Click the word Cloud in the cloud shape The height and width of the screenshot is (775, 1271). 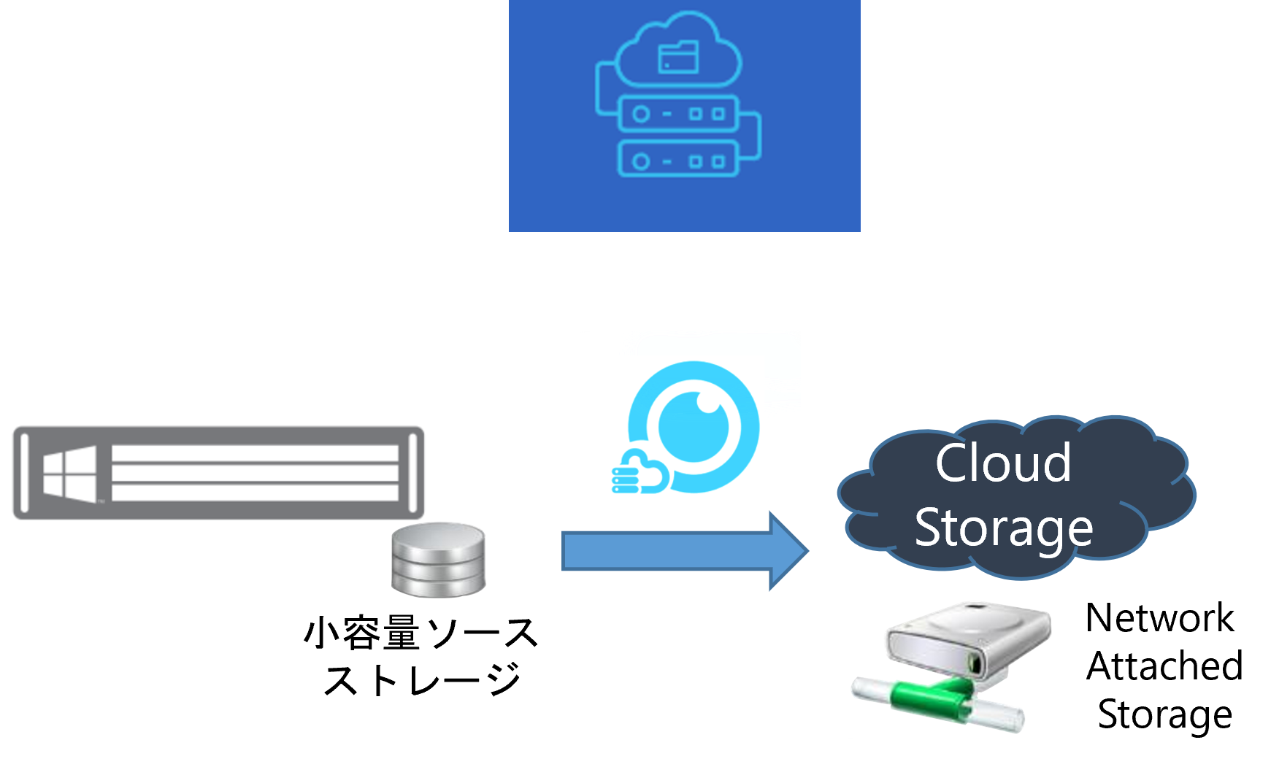click(x=1003, y=463)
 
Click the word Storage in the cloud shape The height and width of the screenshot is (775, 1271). click(x=1004, y=528)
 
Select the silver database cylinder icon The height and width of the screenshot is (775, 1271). click(x=438, y=560)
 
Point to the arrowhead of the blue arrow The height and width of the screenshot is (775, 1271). click(x=788, y=551)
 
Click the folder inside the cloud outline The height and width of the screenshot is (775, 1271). click(x=678, y=58)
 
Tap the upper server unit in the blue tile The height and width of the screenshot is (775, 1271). click(x=677, y=114)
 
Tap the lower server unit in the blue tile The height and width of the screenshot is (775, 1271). click(x=677, y=160)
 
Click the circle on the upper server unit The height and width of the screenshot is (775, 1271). click(x=640, y=114)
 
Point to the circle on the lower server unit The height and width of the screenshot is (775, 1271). click(x=640, y=161)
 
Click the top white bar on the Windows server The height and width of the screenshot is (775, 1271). click(x=255, y=453)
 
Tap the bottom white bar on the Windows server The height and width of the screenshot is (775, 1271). click(x=255, y=493)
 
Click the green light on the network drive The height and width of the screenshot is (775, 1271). click(x=972, y=665)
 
